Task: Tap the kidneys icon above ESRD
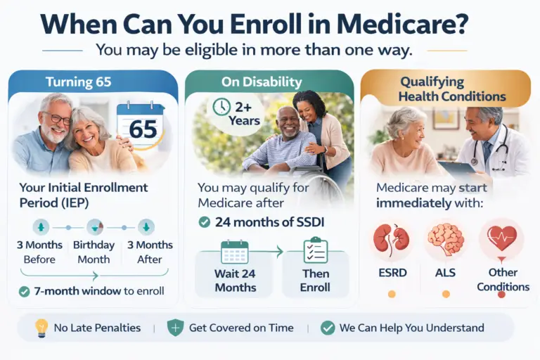click(392, 240)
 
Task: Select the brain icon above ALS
click(446, 240)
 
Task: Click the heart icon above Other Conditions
click(501, 238)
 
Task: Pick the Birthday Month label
click(94, 252)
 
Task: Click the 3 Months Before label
click(40, 252)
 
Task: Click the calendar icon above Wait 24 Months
click(234, 252)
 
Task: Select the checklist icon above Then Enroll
click(316, 252)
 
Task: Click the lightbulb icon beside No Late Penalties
click(41, 327)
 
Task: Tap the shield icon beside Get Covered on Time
click(175, 327)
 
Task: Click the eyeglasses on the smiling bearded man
click(56, 119)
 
